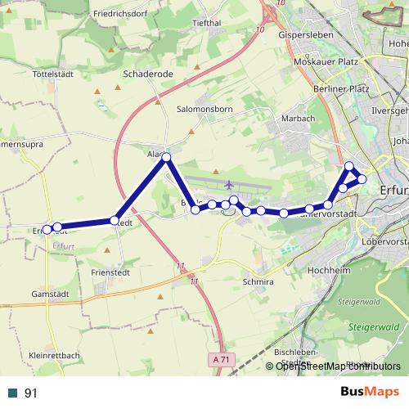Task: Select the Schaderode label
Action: [147, 73]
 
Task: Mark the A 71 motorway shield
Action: [218, 359]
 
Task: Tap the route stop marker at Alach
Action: [166, 156]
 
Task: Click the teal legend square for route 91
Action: [12, 393]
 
